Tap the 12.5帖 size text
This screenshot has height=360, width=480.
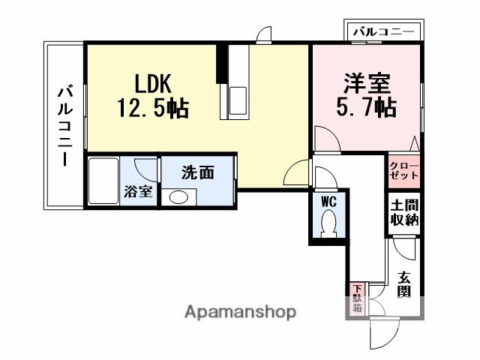click(x=152, y=109)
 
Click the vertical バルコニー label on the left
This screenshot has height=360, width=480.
click(x=64, y=126)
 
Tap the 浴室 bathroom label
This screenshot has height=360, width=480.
click(x=138, y=190)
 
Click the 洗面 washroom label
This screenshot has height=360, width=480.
click(x=198, y=172)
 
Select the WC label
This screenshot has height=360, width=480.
click(x=328, y=201)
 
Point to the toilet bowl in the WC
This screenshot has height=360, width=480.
click(x=328, y=223)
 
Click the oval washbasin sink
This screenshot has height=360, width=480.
click(x=178, y=198)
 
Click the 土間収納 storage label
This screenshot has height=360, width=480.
click(x=404, y=213)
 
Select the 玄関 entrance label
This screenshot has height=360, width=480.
click(x=404, y=283)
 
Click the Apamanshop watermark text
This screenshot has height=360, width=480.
click(x=240, y=311)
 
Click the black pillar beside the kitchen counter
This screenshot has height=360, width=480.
click(x=221, y=64)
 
